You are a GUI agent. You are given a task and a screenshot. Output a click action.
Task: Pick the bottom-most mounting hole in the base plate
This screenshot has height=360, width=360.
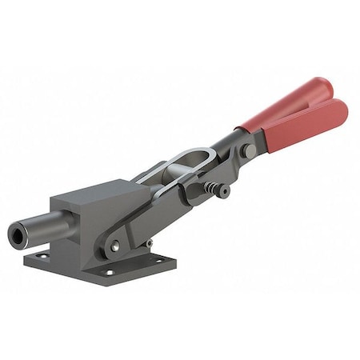pyautogui.click(x=110, y=272)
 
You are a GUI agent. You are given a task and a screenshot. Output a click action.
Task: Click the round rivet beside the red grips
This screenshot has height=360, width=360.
pyautogui.click(x=250, y=150)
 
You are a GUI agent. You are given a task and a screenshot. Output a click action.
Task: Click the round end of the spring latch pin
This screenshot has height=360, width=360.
pyautogui.click(x=225, y=192)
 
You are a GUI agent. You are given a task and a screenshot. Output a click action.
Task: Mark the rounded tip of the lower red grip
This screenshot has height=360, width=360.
pyautogui.click(x=342, y=109)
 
